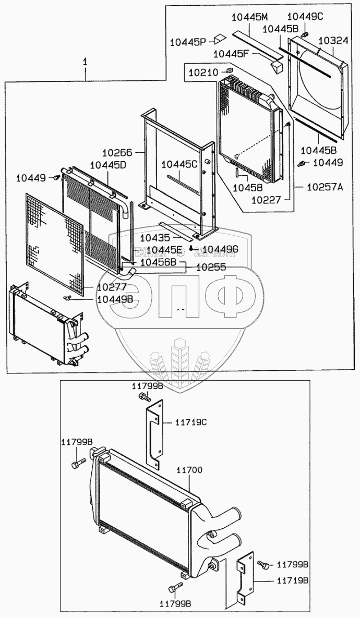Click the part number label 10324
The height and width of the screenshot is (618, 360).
[333, 40]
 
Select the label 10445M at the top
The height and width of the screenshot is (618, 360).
[246, 17]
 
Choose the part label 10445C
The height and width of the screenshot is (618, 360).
[179, 164]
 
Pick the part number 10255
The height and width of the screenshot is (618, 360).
[211, 266]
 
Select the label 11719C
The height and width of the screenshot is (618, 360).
[190, 422]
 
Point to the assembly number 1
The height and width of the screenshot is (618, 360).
[85, 62]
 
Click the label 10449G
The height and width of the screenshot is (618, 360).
[220, 249]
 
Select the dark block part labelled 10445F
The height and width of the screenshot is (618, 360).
[277, 64]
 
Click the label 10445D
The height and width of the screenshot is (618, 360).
[107, 165]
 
